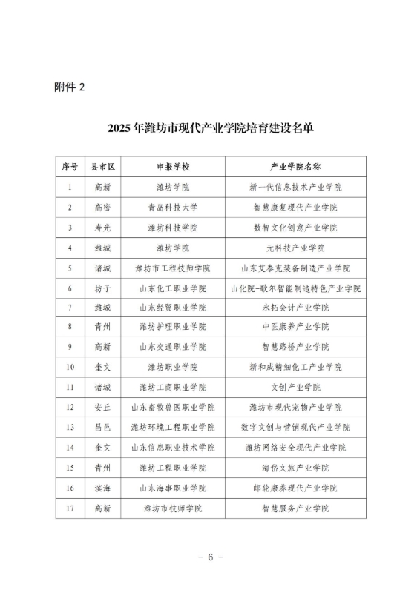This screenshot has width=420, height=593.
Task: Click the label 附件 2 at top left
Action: [x=70, y=87]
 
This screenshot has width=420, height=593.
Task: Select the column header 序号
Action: [x=70, y=167]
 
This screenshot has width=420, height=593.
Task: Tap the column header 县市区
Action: [x=102, y=167]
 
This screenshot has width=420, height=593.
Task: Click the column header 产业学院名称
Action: [x=295, y=167]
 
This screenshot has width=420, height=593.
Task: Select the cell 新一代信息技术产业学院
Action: [x=295, y=188]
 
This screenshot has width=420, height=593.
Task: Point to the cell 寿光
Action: [x=102, y=228]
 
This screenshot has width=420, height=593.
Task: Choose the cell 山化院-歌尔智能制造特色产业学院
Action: [x=295, y=288]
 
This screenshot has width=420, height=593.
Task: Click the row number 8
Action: [x=70, y=327]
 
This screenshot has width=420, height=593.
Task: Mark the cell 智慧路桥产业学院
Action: [x=295, y=347]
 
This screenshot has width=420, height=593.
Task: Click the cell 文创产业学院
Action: [x=295, y=387]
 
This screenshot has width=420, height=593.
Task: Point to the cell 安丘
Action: [x=102, y=407]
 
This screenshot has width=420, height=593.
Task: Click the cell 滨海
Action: [x=102, y=488]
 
